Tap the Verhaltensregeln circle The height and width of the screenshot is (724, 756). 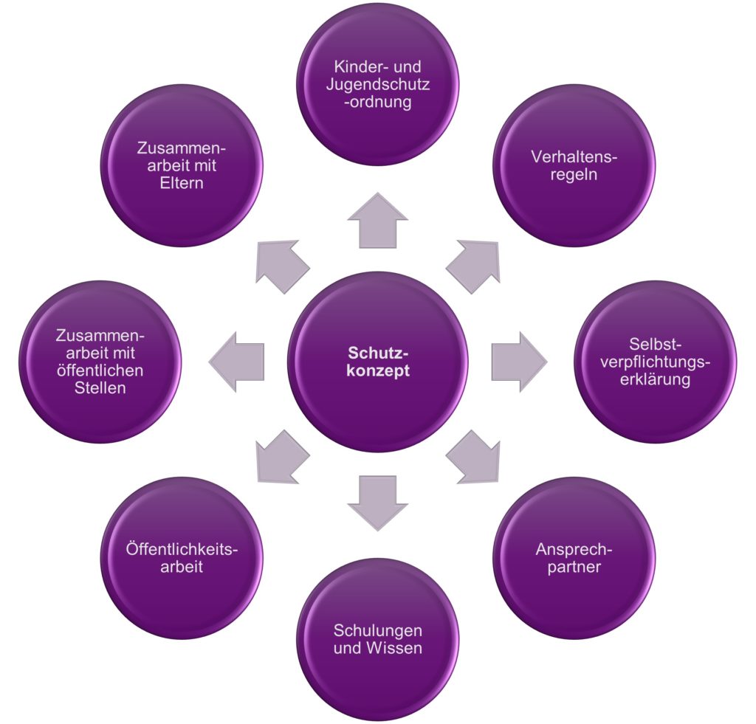[573, 167]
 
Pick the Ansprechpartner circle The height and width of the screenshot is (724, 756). [573, 558]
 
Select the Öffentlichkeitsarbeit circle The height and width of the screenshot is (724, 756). [182, 558]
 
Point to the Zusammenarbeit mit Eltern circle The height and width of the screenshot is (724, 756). [182, 167]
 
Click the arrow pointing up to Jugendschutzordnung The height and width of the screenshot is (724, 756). [377, 221]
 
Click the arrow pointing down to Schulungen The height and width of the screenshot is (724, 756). [377, 502]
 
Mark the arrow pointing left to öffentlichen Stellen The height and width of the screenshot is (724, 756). [238, 362]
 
